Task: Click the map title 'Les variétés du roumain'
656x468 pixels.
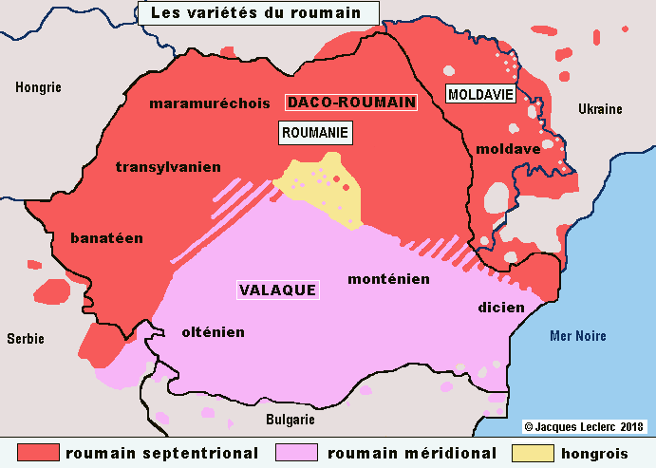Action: [x=256, y=13]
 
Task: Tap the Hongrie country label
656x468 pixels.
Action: [x=38, y=87]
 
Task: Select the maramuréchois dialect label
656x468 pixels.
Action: [x=210, y=103]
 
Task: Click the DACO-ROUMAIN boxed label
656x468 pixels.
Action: [x=351, y=103]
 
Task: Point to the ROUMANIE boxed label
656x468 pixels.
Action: [x=315, y=133]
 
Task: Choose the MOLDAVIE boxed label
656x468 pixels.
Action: [x=480, y=94]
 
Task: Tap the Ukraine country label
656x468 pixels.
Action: [x=600, y=109]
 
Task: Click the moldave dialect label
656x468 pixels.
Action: [x=508, y=149]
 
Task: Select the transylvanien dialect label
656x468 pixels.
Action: [x=168, y=167]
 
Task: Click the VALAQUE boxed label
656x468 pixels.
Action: [x=277, y=290]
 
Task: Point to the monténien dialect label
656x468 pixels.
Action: [x=389, y=279]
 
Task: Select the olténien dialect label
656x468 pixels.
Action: [x=213, y=332]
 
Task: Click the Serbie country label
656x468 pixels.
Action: [x=26, y=338]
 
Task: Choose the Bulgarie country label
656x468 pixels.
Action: [x=291, y=420]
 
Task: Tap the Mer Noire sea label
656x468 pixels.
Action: [x=578, y=336]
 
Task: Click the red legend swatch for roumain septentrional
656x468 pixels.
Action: [x=39, y=453]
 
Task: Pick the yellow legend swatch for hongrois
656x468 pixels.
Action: [x=533, y=453]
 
